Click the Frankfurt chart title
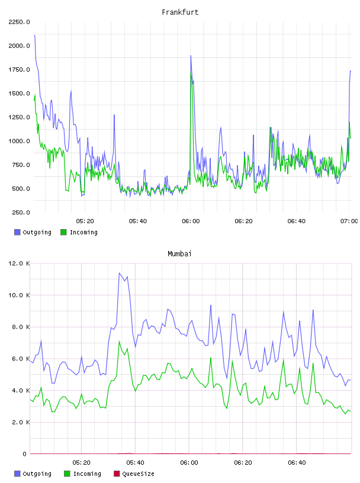[180, 12]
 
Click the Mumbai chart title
[179, 254]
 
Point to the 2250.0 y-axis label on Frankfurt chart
[19, 22]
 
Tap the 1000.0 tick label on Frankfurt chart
[19, 141]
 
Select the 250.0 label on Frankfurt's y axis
[21, 212]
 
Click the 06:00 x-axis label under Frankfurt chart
[191, 221]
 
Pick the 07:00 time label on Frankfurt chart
[349, 221]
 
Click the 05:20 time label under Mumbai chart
[81, 463]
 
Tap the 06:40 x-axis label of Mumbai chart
[297, 463]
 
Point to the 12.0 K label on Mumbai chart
[19, 263]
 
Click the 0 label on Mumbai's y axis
[24, 454]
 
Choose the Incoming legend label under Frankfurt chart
[83, 232]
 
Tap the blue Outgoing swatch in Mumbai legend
[17, 474]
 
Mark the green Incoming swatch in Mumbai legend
[67, 474]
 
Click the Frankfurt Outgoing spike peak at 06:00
[191, 56]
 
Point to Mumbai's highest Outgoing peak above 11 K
[119, 273]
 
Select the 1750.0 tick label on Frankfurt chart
[19, 70]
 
